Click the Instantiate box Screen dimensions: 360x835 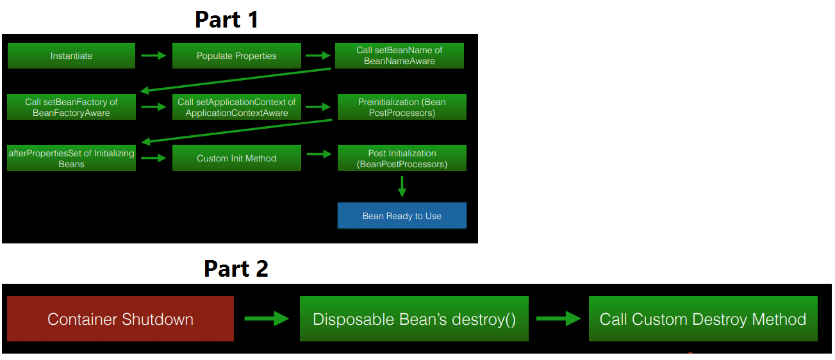pyautogui.click(x=71, y=56)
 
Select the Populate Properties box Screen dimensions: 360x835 pyautogui.click(x=236, y=56)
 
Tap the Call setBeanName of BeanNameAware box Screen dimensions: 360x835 pyautogui.click(x=399, y=56)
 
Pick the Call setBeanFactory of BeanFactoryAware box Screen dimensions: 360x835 pyautogui.click(x=71, y=107)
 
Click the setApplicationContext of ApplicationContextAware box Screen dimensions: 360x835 pyautogui.click(x=236, y=107)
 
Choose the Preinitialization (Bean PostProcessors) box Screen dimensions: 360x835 pyautogui.click(x=402, y=107)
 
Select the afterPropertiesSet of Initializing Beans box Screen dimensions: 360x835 pyautogui.click(x=71, y=158)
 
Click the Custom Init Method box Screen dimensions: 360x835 pyautogui.click(x=236, y=158)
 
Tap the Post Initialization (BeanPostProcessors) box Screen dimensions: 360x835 pyautogui.click(x=402, y=158)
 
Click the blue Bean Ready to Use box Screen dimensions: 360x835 pyautogui.click(x=402, y=216)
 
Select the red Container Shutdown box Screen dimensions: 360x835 pyautogui.click(x=120, y=319)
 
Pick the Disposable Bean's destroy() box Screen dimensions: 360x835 pyautogui.click(x=414, y=319)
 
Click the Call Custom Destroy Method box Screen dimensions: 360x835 pyautogui.click(x=703, y=319)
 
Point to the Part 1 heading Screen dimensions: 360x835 pyautogui.click(x=226, y=20)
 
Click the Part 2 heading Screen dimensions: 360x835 pyautogui.click(x=236, y=268)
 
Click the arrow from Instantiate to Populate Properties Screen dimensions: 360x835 pyautogui.click(x=153, y=56)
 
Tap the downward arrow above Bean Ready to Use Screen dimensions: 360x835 pyautogui.click(x=402, y=186)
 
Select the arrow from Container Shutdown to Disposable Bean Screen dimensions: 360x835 pyautogui.click(x=267, y=318)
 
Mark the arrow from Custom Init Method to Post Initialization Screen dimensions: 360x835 pyautogui.click(x=318, y=154)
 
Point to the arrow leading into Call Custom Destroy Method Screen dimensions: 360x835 pyautogui.click(x=558, y=318)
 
